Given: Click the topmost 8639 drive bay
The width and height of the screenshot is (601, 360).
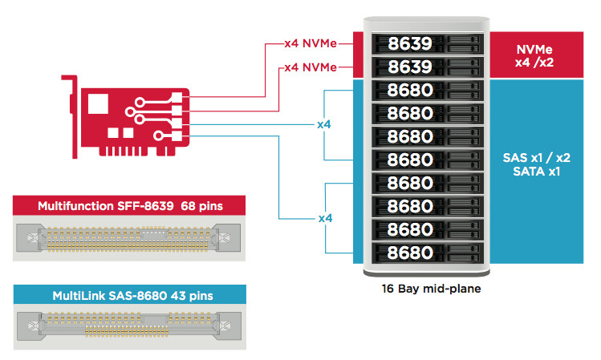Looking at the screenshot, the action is pos(428,43).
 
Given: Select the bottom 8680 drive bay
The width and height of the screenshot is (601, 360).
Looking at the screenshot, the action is pos(428,253).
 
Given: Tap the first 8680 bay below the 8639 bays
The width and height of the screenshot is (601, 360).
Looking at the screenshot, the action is pos(428,91).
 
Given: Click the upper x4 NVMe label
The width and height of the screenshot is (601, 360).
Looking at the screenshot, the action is pos(311,43).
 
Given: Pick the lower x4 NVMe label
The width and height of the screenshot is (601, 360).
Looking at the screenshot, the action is pos(311,67).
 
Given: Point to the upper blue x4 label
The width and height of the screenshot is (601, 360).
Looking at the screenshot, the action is pos(324,124).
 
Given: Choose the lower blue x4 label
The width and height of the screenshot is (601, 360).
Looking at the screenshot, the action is pos(325,218).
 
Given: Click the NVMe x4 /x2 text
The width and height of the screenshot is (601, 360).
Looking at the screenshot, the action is pos(534,55).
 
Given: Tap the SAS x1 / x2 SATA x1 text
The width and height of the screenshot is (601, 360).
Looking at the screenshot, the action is pos(537,164).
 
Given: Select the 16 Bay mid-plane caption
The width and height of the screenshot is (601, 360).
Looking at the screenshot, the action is pos(431,289).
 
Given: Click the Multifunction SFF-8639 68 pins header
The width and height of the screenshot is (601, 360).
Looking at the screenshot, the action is pos(129,206).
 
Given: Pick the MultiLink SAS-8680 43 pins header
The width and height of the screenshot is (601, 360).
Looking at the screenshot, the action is pos(129,295).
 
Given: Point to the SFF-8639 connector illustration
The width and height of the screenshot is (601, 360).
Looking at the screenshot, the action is pos(128,238).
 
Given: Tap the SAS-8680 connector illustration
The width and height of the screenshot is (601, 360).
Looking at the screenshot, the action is pos(129,326).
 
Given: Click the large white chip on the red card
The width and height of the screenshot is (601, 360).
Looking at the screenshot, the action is pos(98,103).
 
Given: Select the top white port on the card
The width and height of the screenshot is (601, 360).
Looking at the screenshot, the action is pos(177,98).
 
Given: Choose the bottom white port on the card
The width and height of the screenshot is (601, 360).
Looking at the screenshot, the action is pos(177,136).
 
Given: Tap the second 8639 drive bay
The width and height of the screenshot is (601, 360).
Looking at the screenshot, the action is pos(428,67).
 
